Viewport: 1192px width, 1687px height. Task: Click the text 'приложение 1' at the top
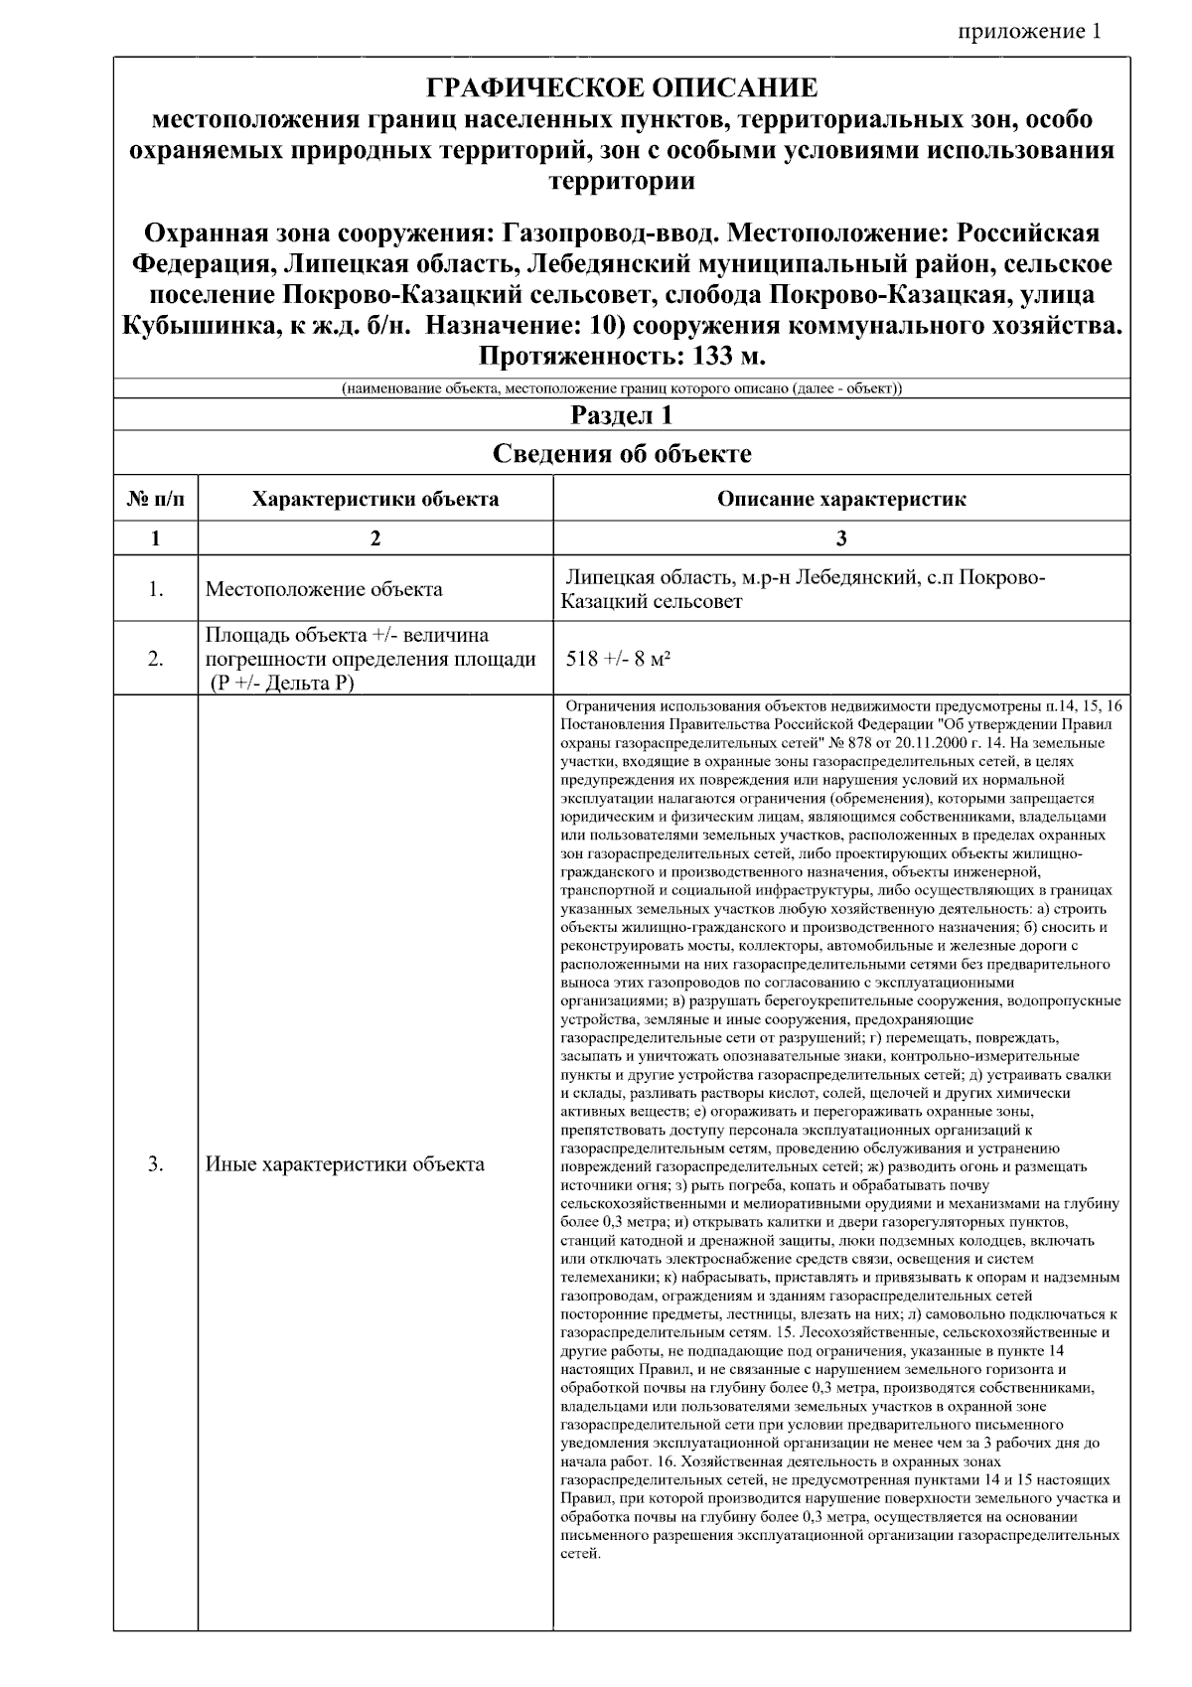(x=1029, y=31)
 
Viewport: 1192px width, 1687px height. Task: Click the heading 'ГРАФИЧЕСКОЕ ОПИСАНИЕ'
(x=622, y=88)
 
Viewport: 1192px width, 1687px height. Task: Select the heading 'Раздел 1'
(x=622, y=414)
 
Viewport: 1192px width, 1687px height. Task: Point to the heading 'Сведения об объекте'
(x=622, y=454)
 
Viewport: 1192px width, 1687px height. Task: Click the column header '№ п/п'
(x=156, y=499)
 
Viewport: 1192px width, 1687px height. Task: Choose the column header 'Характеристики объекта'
(x=375, y=499)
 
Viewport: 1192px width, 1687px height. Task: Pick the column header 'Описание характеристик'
(x=841, y=499)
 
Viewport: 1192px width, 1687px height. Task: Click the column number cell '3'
(x=841, y=538)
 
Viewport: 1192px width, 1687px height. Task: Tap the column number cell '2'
(x=375, y=538)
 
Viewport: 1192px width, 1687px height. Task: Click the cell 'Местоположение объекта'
(x=324, y=589)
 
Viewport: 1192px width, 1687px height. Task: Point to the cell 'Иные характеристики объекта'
(x=345, y=1163)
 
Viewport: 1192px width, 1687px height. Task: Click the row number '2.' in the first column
(x=156, y=658)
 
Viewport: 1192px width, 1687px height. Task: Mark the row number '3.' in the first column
(x=156, y=1163)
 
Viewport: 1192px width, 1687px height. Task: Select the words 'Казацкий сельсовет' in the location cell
(x=652, y=602)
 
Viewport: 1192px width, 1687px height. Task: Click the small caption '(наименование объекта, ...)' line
(x=622, y=387)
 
